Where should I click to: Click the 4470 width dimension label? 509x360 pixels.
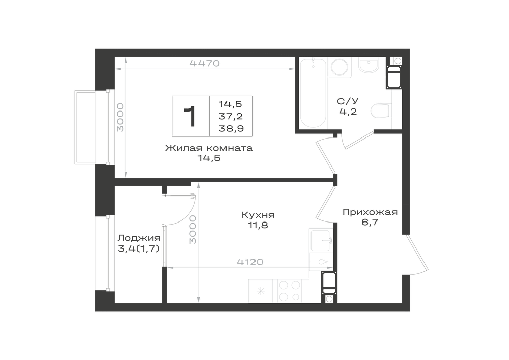205,63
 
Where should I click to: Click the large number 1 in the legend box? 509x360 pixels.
190,116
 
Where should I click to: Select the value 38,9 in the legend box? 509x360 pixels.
231,129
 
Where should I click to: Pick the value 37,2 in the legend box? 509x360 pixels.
231,116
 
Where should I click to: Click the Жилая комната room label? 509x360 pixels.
209,148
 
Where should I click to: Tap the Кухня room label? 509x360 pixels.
258,215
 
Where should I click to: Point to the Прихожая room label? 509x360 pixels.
370,212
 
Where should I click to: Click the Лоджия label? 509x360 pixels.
138,238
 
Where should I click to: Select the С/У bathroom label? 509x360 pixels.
348,101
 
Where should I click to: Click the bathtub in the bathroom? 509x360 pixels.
313,92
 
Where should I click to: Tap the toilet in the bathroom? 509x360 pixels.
381,110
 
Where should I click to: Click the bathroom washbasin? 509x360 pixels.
369,66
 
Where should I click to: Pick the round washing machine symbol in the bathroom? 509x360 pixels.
340,67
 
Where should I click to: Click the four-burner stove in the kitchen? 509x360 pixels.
290,291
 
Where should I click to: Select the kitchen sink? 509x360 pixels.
321,240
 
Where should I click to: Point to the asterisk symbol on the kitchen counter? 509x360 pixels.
261,291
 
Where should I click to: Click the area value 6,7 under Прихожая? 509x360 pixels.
370,223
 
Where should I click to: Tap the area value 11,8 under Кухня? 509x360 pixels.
258,225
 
